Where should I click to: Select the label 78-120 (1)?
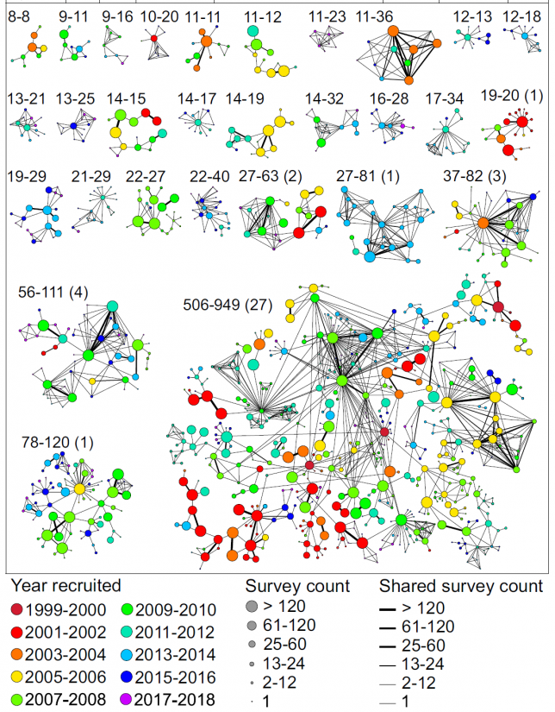[57, 443]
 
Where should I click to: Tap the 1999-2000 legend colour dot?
[14, 610]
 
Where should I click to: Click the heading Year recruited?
[65, 586]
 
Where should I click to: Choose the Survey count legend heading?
[297, 586]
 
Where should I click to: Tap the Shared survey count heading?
[461, 586]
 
